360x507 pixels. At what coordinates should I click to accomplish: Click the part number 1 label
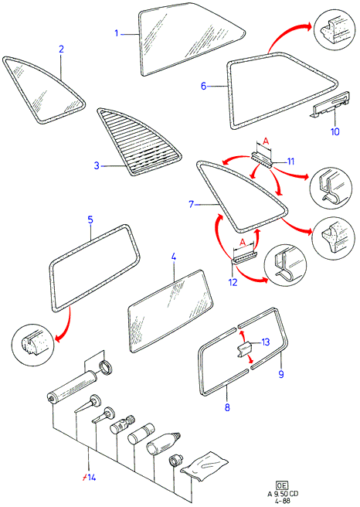coord(117,33)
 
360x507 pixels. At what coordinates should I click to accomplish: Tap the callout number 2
coord(61,49)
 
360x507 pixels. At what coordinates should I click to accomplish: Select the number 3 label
coord(97,165)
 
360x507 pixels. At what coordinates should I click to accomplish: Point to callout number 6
coord(204,86)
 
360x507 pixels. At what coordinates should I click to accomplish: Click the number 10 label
coord(335,131)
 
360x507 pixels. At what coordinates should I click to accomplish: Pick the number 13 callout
coord(265,342)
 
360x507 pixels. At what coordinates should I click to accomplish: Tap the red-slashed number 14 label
coord(89,478)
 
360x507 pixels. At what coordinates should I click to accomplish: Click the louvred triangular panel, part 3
coord(138,142)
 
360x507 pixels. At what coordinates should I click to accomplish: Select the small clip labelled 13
coord(245,349)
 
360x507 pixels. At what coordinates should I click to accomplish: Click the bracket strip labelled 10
coord(331,104)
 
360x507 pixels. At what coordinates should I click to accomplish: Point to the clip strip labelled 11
coord(262,160)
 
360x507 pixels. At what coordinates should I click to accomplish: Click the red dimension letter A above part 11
coord(265,141)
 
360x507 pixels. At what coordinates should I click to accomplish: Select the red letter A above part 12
coord(243,242)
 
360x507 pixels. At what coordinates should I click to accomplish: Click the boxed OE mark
coord(282,485)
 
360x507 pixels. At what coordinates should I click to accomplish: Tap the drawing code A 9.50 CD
coord(283,493)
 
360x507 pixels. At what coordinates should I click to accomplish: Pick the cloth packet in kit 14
coord(204,465)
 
